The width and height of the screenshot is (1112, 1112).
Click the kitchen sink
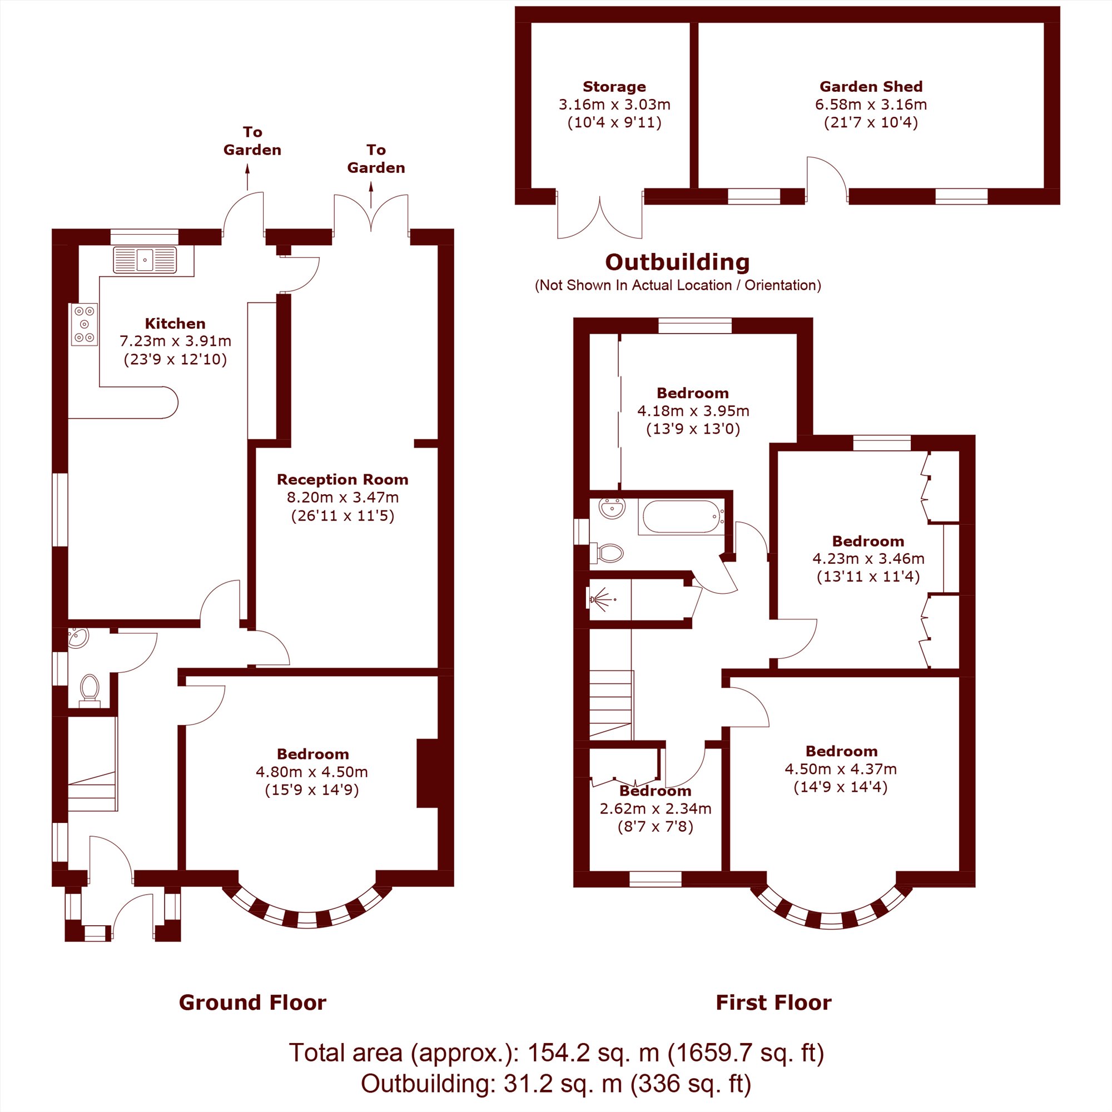click(x=145, y=260)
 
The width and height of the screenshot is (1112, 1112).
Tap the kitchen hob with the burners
click(x=85, y=325)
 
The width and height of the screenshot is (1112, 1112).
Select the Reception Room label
click(x=342, y=479)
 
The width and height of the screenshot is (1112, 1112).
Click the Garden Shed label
click(x=871, y=86)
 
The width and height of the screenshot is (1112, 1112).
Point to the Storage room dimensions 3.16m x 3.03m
click(x=614, y=104)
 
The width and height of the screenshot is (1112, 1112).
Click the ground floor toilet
click(x=89, y=689)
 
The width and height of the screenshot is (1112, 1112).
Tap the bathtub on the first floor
click(x=682, y=517)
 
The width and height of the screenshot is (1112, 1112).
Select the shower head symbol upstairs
click(x=601, y=600)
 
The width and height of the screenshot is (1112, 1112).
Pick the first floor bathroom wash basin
click(x=612, y=508)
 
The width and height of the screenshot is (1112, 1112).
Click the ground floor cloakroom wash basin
click(x=78, y=638)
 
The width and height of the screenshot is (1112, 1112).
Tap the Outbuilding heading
click(x=677, y=262)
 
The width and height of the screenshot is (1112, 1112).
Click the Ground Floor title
click(x=252, y=1002)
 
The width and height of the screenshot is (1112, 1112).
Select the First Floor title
click(x=773, y=1002)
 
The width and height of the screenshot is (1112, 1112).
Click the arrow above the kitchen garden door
click(x=247, y=177)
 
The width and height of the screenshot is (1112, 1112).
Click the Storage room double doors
click(x=600, y=215)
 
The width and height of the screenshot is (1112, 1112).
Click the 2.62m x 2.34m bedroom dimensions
click(x=656, y=808)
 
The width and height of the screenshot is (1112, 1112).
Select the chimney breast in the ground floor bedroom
click(x=428, y=773)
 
